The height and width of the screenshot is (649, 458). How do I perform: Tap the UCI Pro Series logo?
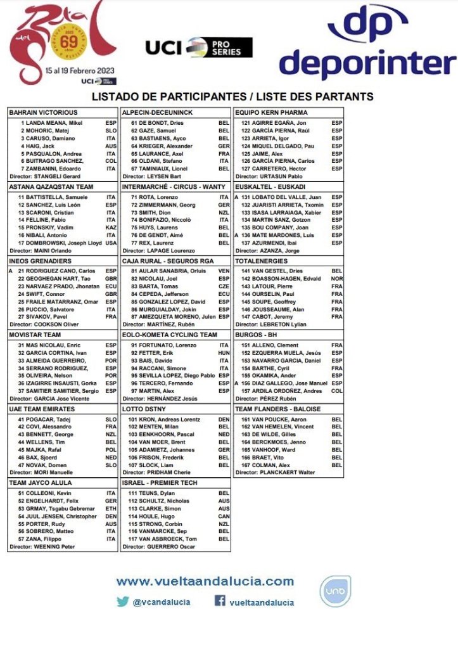click(198, 47)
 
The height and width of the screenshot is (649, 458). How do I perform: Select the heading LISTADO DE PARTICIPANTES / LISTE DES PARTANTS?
click(232, 97)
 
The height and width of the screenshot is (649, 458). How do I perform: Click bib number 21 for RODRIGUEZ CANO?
click(21, 271)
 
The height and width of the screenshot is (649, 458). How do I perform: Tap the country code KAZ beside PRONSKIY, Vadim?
click(111, 226)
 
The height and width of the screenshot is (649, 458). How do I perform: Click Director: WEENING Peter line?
click(42, 547)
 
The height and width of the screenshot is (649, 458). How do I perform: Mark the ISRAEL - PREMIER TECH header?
click(160, 483)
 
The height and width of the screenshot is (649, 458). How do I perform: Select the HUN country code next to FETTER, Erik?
click(224, 352)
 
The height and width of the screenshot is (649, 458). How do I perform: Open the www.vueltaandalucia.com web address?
click(205, 581)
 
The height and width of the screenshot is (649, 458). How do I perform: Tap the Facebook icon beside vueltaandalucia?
click(220, 601)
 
